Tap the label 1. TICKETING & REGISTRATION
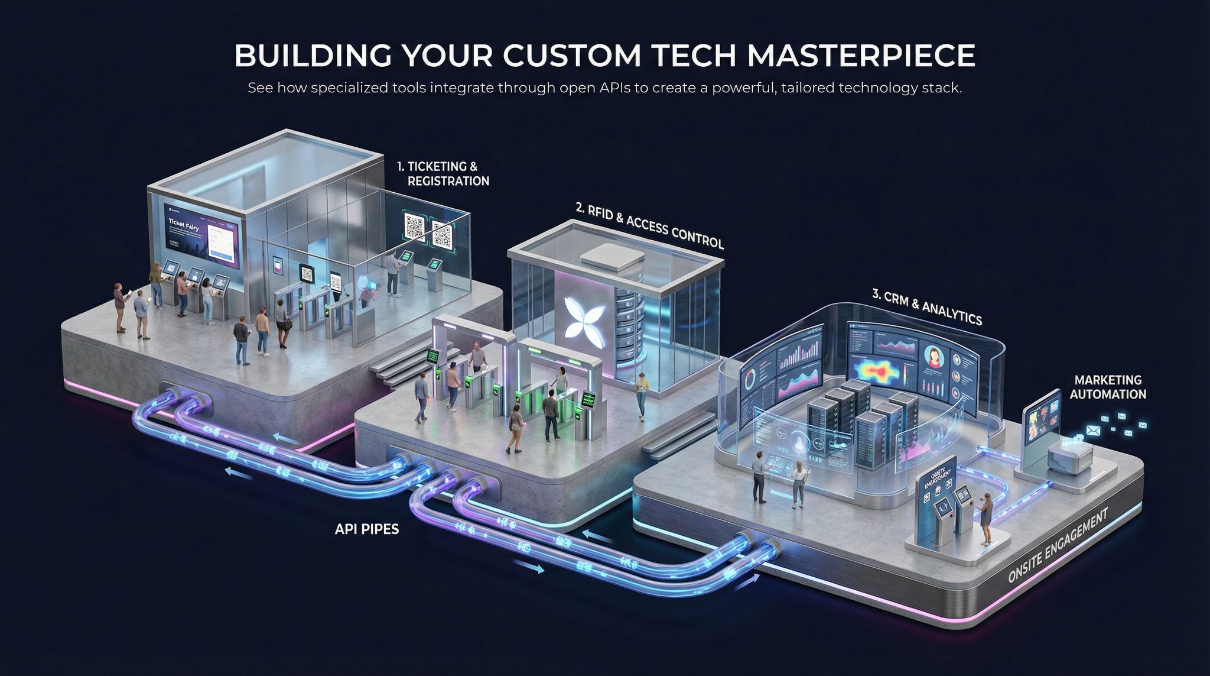tap(443, 174)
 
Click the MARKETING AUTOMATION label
tap(1108, 387)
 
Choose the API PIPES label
tap(366, 529)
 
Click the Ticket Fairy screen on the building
tap(203, 237)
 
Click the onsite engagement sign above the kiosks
tap(938, 474)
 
